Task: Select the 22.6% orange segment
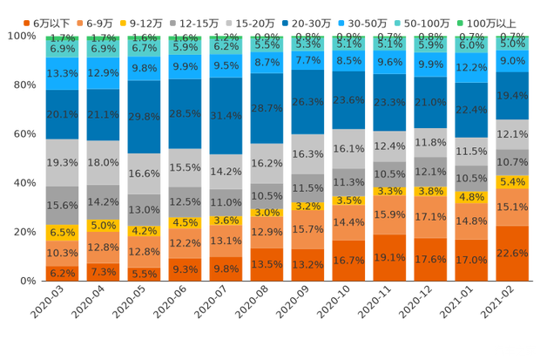[512, 253]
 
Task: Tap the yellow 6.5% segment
[62, 233]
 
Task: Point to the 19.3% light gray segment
[62, 163]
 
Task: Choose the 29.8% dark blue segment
[144, 117]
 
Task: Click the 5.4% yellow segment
[512, 181]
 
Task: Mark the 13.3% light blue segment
[62, 73]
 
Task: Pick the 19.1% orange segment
[389, 257]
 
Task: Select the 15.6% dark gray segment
[62, 205]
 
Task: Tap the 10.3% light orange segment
[62, 253]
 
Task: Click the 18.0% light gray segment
[103, 163]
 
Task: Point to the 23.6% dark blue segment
[348, 100]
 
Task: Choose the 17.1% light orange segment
[430, 216]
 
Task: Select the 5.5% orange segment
[144, 273]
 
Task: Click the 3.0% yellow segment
[267, 213]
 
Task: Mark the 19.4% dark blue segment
[512, 96]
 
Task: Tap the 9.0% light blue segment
[512, 61]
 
